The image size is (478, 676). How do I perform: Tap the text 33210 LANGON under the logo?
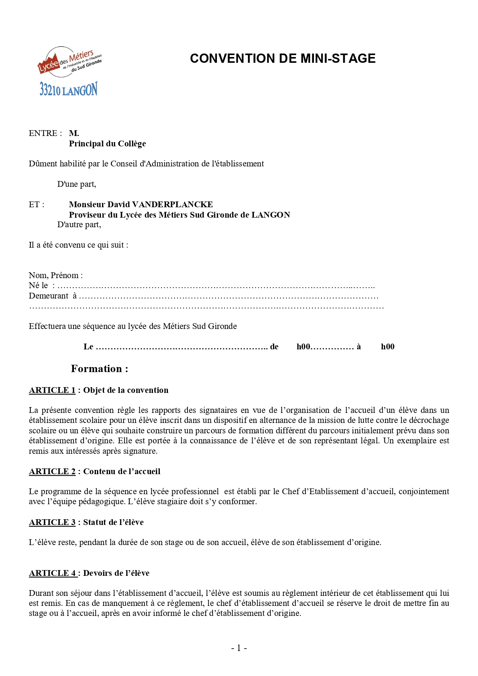[x=69, y=89]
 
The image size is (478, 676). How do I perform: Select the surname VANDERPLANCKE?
[x=172, y=205]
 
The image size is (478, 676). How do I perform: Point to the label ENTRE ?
[x=45, y=133]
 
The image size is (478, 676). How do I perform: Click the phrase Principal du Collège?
[x=107, y=144]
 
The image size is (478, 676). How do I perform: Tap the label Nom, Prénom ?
[x=55, y=275]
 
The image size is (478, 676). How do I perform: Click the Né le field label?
[x=39, y=285]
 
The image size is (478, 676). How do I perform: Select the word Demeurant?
[x=49, y=296]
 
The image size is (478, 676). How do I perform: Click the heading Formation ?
[x=99, y=369]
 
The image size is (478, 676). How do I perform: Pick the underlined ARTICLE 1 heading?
[x=52, y=390]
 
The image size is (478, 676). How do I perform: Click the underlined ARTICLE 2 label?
[x=52, y=471]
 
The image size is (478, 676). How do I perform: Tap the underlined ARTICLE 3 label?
[x=52, y=522]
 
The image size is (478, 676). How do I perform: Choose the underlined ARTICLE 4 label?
[x=52, y=573]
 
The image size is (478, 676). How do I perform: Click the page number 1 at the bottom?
[x=239, y=648]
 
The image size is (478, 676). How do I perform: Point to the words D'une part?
[x=77, y=184]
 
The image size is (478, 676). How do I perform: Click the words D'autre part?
[x=79, y=225]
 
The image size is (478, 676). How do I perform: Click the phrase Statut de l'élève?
[x=113, y=522]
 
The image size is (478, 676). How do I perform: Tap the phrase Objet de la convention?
[x=126, y=390]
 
